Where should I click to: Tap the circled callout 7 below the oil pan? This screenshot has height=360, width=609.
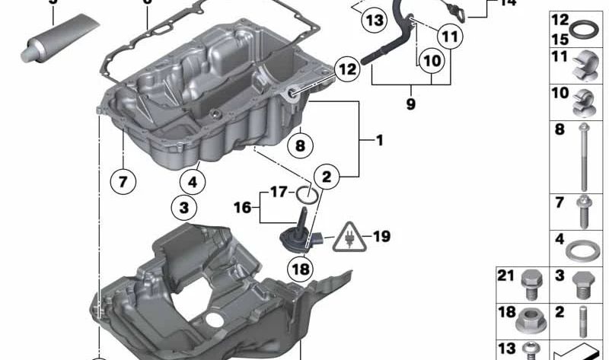pos(123,181)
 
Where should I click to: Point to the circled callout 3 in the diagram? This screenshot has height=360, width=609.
pos(183,205)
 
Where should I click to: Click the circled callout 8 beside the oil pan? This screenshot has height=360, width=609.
pos(300,144)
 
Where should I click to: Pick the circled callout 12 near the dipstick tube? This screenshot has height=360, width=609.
pos(346,70)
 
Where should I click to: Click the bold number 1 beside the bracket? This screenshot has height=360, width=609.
pos(378,140)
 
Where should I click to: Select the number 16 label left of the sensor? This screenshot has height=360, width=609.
pos(242,206)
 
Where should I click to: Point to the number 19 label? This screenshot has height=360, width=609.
pos(381,237)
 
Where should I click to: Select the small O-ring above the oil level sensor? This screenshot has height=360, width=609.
pos(306,194)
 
